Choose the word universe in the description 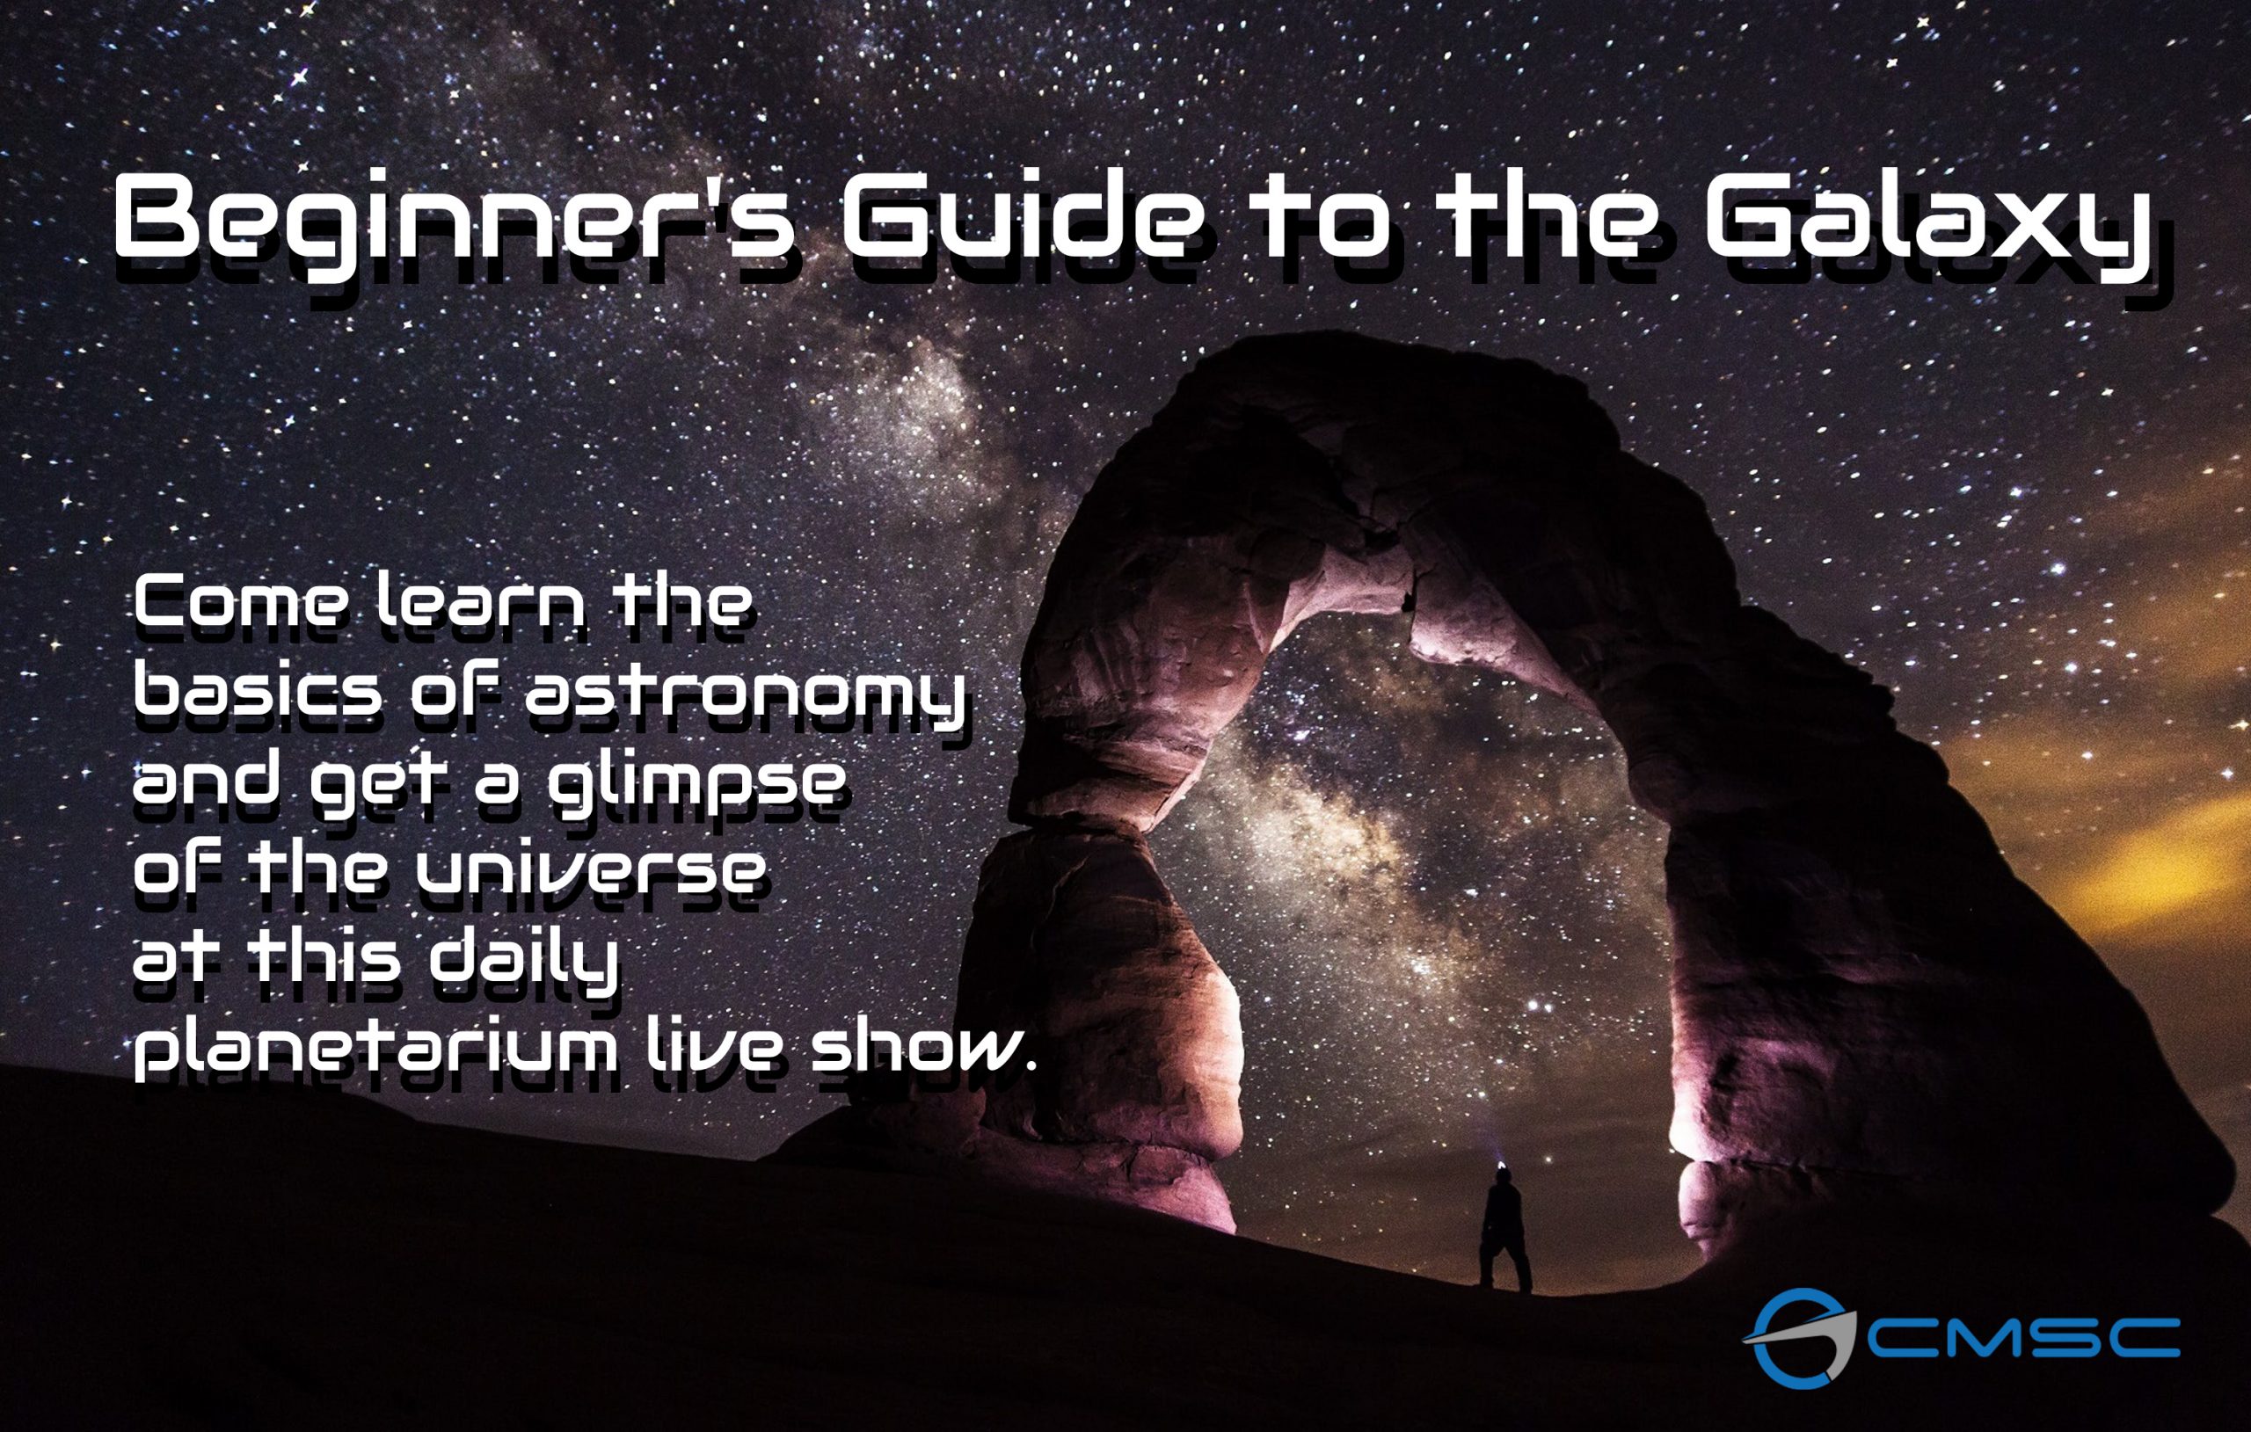point(590,869)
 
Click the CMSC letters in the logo point(2023,1338)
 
